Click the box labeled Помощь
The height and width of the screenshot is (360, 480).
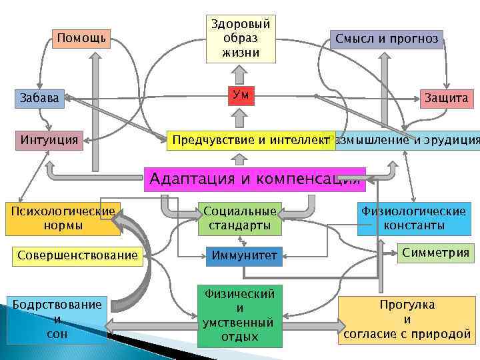point(81,38)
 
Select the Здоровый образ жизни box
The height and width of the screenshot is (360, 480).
point(239,39)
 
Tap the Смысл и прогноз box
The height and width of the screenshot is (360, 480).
point(387,39)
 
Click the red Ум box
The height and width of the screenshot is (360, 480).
point(240,95)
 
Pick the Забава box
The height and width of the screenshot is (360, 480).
point(39,98)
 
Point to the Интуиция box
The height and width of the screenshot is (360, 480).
point(48,140)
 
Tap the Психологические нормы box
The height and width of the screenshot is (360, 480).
point(63,219)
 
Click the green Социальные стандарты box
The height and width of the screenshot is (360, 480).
point(239,219)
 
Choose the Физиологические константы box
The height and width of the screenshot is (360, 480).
point(413,219)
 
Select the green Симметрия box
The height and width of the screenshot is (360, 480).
point(435,252)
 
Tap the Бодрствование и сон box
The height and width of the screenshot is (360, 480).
point(57,319)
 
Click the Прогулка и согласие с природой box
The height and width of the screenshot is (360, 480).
point(407,319)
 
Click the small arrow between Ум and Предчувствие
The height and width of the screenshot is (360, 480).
point(240,118)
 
